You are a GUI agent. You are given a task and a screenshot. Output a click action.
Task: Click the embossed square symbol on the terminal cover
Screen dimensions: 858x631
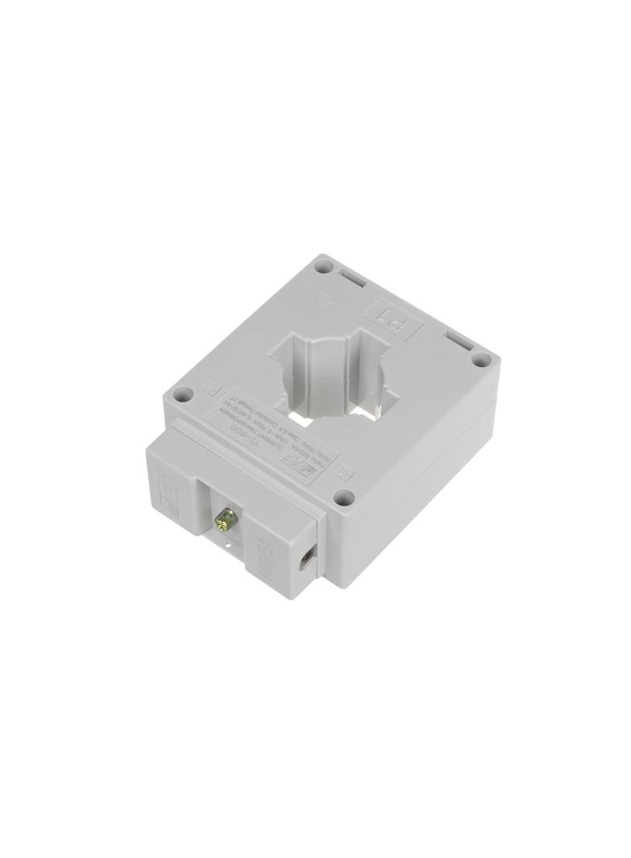pos(170,509)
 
